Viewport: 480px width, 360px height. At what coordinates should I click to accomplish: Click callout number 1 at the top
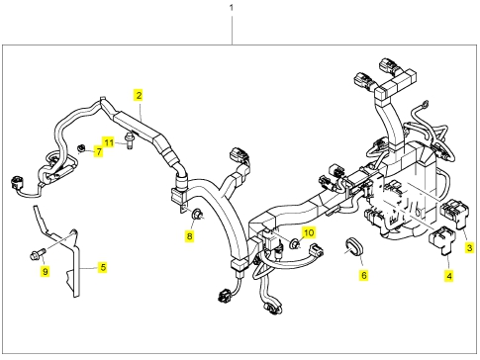tap(232, 7)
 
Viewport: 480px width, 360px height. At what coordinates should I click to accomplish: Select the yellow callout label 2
tap(139, 95)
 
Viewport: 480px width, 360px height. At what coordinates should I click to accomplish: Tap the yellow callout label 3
tap(469, 247)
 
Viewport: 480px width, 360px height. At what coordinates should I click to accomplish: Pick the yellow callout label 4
tap(449, 275)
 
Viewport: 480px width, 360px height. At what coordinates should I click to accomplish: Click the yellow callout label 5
tap(103, 267)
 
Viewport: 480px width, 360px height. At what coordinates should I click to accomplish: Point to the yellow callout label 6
tap(364, 275)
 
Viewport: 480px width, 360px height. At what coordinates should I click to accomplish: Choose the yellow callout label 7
tap(98, 151)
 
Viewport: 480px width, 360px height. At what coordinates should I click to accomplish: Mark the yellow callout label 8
tap(189, 236)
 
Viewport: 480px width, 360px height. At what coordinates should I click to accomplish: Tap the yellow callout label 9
tap(45, 271)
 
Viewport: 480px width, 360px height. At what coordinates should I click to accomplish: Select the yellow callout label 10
tap(309, 233)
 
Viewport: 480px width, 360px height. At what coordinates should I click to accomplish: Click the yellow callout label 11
tap(109, 142)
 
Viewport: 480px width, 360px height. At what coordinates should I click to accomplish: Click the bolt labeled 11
tap(129, 140)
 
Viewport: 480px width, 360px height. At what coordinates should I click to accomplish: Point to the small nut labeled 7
tap(80, 148)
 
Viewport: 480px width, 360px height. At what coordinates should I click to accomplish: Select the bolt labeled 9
tap(38, 254)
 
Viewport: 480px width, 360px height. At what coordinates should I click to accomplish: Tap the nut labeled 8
tap(197, 215)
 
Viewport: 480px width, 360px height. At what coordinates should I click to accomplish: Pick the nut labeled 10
tap(295, 244)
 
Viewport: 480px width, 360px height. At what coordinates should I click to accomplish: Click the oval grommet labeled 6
tap(353, 247)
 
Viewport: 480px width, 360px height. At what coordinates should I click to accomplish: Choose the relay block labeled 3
tap(454, 214)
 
